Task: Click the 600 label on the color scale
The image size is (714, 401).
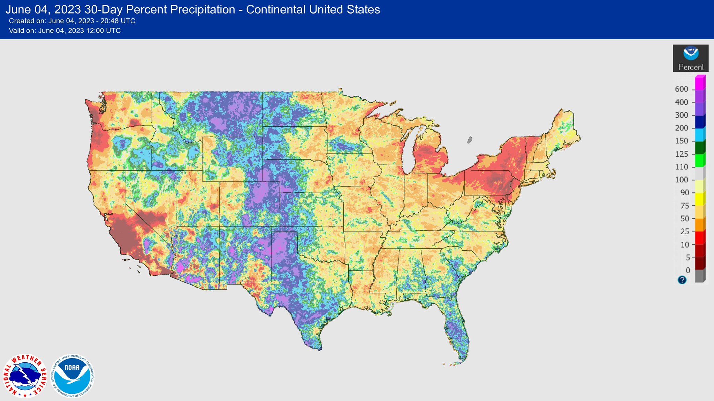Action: [x=681, y=89]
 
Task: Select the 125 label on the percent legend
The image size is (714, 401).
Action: [x=681, y=154]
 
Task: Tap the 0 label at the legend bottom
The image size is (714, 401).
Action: [x=688, y=270]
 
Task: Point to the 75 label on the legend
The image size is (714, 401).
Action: [x=685, y=206]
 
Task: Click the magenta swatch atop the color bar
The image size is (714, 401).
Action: [x=700, y=83]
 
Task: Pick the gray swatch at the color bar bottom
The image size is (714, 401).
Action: [x=699, y=276]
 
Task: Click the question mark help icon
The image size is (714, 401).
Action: [x=682, y=280]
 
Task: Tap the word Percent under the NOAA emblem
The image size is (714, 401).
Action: [x=691, y=67]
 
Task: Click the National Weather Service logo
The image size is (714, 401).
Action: [x=25, y=376]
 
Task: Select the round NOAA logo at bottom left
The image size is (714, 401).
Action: [x=73, y=376]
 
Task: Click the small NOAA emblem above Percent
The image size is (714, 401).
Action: [x=691, y=54]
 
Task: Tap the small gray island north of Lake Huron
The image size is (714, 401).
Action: [x=469, y=140]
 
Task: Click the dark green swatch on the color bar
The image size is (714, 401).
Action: [x=699, y=147]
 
